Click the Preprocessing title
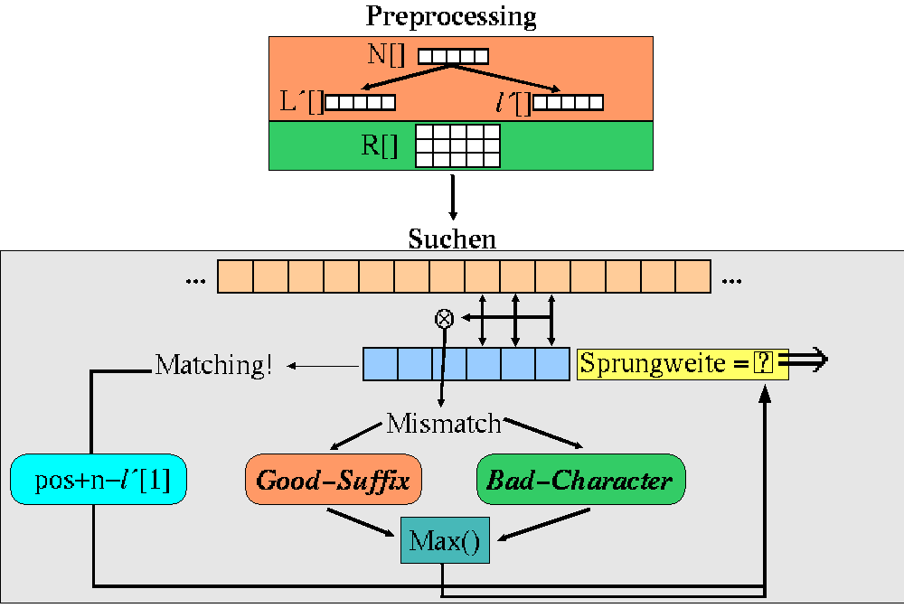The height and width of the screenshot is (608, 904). click(x=451, y=16)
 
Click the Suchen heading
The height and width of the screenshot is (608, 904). click(x=452, y=239)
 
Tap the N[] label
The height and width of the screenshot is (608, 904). click(x=387, y=54)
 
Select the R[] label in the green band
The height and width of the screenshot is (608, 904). click(x=380, y=145)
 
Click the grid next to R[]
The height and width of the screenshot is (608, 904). click(x=457, y=145)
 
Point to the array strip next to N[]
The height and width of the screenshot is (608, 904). click(x=453, y=56)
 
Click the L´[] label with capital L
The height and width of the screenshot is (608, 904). click(x=302, y=102)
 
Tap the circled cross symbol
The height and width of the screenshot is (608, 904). click(x=444, y=318)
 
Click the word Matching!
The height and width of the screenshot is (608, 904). click(x=213, y=366)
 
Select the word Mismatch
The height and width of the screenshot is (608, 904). click(x=444, y=423)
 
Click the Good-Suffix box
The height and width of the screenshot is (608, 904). click(x=334, y=480)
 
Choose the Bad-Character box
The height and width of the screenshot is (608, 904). click(x=579, y=480)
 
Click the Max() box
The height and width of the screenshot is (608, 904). click(x=445, y=541)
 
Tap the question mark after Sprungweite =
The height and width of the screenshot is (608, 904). click(x=765, y=363)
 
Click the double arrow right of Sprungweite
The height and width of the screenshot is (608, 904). click(x=807, y=361)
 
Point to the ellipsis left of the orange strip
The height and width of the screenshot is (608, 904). click(x=194, y=281)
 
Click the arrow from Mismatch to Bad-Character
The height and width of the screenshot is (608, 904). click(x=542, y=434)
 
